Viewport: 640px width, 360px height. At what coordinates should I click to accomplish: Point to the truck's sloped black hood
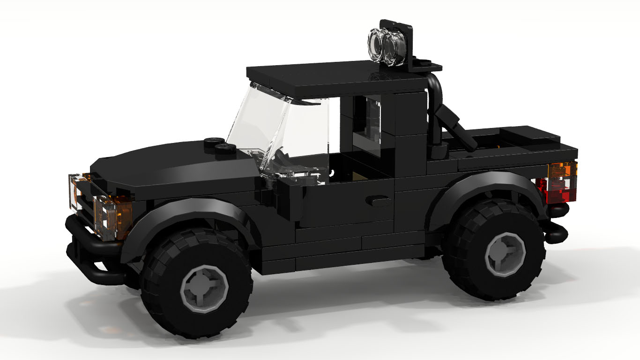pos(159,164)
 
